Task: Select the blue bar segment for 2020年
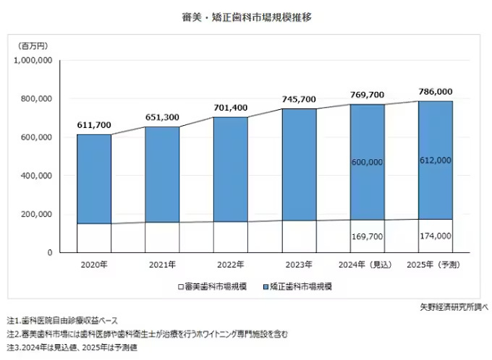pos(94,179)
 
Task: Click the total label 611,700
pos(94,125)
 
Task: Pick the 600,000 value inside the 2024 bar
pos(368,163)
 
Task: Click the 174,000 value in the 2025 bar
pos(436,236)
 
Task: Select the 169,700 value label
pos(368,236)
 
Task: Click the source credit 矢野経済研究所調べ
pos(453,307)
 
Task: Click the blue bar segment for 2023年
pos(299,165)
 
